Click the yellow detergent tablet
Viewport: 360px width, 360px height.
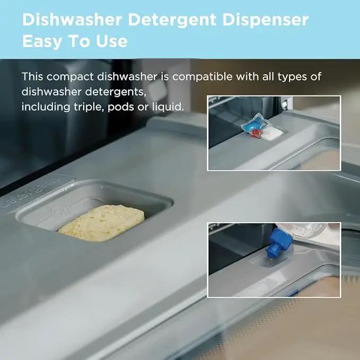coord(101,223)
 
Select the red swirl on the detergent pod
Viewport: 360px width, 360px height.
coord(257,134)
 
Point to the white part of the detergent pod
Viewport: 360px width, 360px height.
coord(273,134)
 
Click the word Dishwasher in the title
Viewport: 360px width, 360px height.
coord(72,20)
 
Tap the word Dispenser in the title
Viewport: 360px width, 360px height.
coord(266,20)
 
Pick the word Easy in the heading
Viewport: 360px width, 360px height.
coord(42,41)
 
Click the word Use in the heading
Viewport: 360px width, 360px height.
coord(111,41)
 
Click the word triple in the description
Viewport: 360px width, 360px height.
coord(87,107)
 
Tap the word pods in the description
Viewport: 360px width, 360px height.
coord(121,107)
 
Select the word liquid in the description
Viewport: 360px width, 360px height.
coord(168,107)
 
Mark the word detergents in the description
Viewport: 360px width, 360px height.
coord(116,92)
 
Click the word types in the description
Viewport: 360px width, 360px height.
coord(292,77)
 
